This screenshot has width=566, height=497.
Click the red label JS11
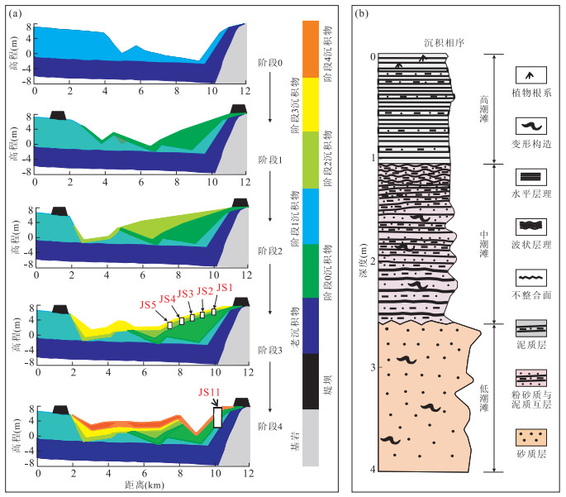click(210, 392)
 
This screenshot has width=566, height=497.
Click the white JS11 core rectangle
click(217, 416)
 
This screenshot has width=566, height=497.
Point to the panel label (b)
click(361, 12)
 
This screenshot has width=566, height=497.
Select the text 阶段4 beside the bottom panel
click(269, 427)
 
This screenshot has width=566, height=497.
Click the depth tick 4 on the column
click(372, 470)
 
